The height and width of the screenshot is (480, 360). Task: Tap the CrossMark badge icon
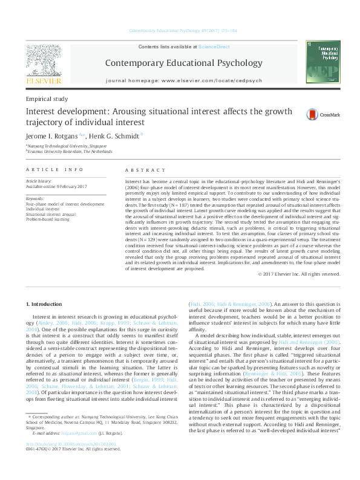[312, 114]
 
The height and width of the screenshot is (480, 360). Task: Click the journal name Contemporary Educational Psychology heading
[184, 63]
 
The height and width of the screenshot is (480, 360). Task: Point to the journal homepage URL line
[184, 80]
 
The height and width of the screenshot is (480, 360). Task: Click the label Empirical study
[47, 99]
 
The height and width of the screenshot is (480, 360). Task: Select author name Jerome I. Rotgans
[54, 135]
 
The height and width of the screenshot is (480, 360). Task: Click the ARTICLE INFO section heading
[54, 170]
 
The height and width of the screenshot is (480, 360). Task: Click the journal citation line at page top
[183, 31]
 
